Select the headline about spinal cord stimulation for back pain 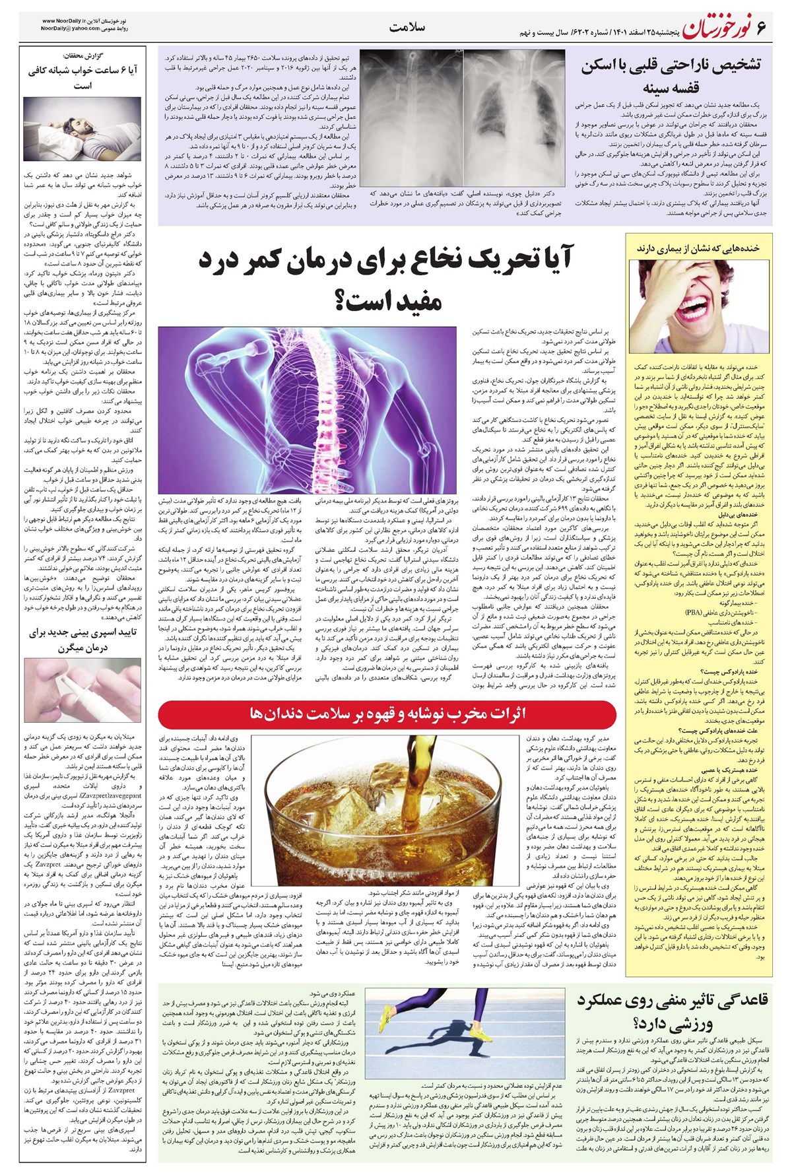(386, 281)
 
